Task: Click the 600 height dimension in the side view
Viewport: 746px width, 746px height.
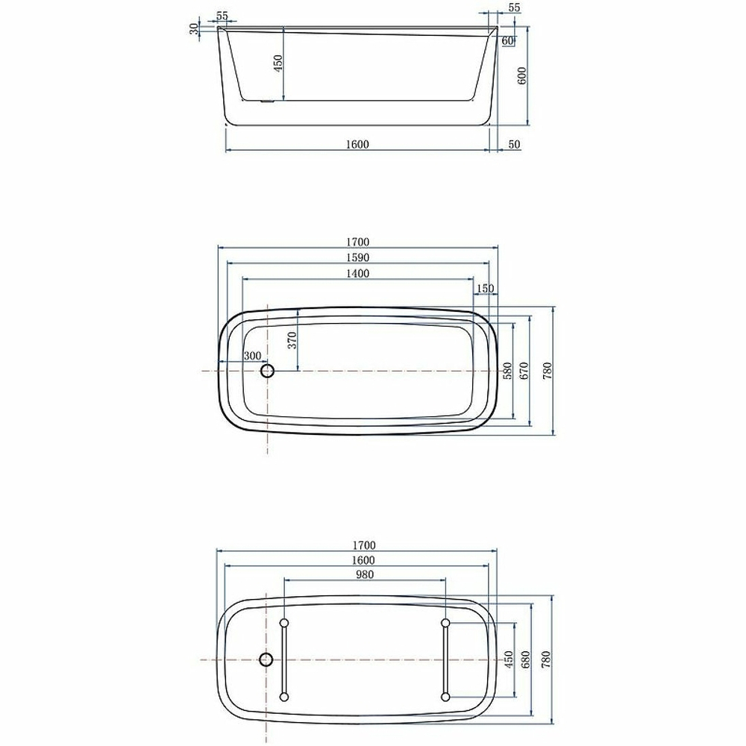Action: click(521, 75)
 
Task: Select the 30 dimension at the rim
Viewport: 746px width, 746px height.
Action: click(195, 29)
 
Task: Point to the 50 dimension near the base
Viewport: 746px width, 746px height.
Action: click(514, 145)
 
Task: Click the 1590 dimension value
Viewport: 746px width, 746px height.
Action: click(358, 257)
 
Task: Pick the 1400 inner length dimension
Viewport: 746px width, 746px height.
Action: click(358, 274)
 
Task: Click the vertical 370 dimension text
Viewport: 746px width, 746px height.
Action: click(292, 340)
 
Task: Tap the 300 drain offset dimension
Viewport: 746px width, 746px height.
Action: click(252, 355)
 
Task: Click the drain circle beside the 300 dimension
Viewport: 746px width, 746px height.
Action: click(267, 370)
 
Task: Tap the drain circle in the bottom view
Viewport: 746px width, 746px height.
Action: click(266, 659)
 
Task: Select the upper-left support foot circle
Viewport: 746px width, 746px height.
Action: click(283, 622)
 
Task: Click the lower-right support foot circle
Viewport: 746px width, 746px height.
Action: click(445, 697)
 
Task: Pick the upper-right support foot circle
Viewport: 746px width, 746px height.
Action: click(445, 622)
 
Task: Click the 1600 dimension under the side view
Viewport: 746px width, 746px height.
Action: click(358, 145)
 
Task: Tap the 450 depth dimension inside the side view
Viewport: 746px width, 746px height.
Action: click(278, 63)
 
